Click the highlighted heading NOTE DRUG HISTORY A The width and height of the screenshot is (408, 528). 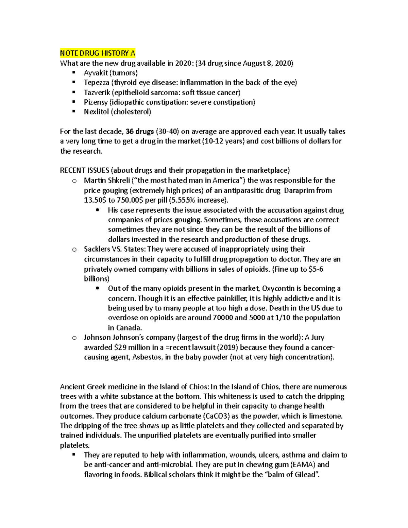98,53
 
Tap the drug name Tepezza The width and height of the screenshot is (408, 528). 97,83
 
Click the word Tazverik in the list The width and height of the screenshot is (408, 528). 97,92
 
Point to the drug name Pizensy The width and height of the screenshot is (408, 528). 96,102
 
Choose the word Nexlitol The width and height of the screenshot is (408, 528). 97,112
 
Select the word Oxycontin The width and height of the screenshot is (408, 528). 278,289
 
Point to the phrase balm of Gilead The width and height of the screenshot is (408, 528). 292,475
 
